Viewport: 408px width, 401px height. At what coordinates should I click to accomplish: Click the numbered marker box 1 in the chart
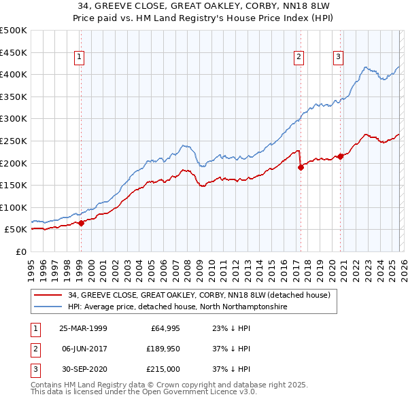80,58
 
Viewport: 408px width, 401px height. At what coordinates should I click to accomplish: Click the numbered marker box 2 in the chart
299,58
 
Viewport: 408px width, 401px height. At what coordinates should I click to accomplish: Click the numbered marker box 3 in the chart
338,58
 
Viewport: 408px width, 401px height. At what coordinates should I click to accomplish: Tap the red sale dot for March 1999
81,222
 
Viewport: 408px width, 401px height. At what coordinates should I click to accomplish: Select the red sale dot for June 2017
300,167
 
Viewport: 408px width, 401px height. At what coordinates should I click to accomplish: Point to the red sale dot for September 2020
339,156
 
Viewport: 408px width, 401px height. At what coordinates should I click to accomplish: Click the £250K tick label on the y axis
14,141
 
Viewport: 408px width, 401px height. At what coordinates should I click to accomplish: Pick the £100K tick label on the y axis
14,207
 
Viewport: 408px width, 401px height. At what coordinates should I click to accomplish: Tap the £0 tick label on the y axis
20,251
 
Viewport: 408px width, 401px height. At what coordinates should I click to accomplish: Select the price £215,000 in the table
163,369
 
